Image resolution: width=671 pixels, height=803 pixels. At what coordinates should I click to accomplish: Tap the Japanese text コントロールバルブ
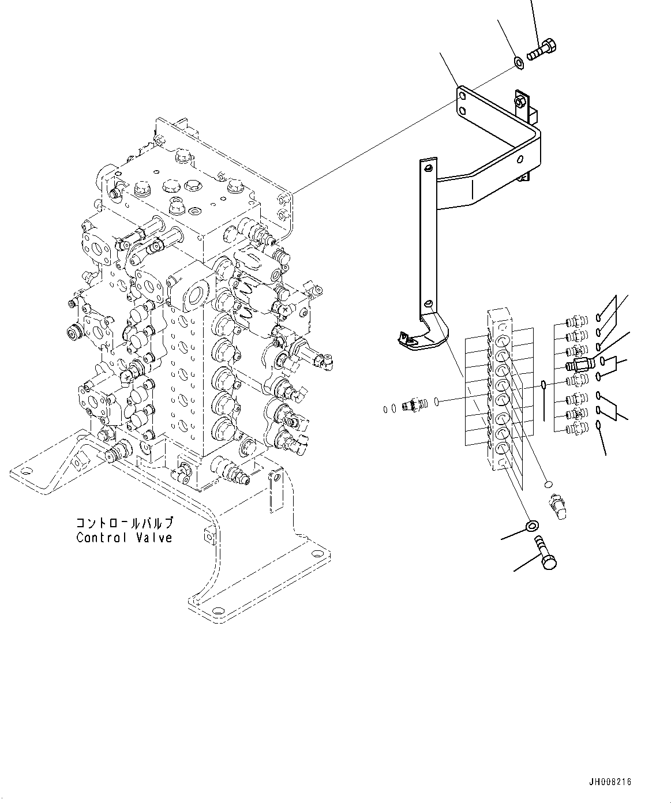pos(124,523)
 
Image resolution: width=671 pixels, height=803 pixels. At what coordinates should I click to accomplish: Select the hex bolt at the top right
pos(542,50)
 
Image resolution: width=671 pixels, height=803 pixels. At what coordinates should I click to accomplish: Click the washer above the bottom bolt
pos(533,525)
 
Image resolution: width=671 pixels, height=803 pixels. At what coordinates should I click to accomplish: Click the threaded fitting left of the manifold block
pos(414,404)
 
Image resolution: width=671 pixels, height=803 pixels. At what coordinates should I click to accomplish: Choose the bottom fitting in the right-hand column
pos(577,427)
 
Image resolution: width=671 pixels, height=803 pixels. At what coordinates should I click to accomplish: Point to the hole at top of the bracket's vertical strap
pos(429,168)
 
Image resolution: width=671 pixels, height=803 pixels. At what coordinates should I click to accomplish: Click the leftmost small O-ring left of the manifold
pos(385,409)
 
